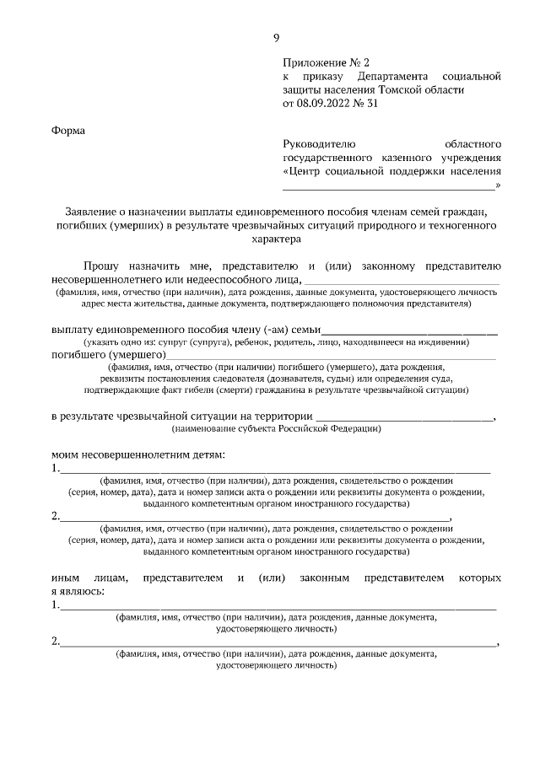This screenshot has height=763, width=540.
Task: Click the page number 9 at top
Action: tap(276, 37)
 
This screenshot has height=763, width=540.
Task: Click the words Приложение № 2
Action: tap(326, 62)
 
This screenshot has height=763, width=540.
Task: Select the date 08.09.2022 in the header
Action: tap(324, 104)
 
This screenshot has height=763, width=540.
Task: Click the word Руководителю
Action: tap(321, 143)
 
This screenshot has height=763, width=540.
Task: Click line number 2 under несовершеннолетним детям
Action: tap(253, 517)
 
